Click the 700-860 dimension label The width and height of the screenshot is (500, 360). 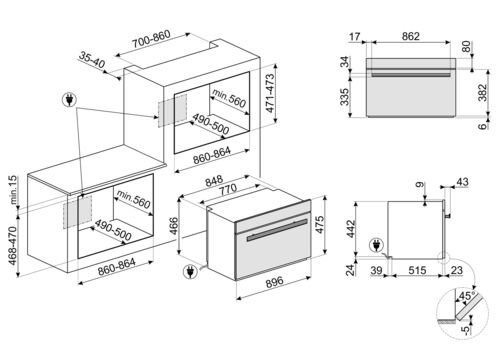tap(151, 39)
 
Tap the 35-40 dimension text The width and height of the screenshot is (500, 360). tap(92, 60)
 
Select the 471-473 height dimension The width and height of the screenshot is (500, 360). tap(270, 93)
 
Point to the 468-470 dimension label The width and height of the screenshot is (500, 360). tap(13, 246)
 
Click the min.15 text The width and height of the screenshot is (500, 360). tap(13, 190)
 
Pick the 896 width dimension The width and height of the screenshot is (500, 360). tap(275, 282)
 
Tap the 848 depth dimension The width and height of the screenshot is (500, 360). tap(214, 181)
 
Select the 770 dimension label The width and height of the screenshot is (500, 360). tap(228, 190)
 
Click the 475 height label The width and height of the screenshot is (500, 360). tap(319, 225)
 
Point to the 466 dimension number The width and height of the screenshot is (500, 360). tap(174, 226)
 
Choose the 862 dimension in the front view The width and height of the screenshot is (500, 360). tap(410, 36)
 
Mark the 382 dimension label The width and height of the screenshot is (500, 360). tap(482, 93)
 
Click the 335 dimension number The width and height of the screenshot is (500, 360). tap(344, 97)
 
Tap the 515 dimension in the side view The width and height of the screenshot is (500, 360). tap(417, 270)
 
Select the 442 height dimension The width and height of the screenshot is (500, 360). tap(351, 229)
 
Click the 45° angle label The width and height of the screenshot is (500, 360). tap(467, 296)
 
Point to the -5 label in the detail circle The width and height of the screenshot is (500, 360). tap(466, 329)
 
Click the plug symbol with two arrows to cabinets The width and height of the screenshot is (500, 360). tap(70, 100)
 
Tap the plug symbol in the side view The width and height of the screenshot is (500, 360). tap(376, 246)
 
